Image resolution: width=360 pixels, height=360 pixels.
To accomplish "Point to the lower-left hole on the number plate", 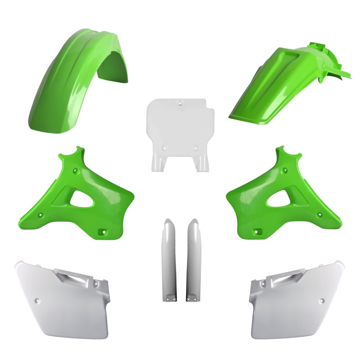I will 165,147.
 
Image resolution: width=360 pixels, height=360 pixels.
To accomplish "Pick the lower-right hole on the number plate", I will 195,147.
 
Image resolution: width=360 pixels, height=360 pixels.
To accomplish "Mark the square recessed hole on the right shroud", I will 257,232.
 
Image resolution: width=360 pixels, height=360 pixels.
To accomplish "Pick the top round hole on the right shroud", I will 285,170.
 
